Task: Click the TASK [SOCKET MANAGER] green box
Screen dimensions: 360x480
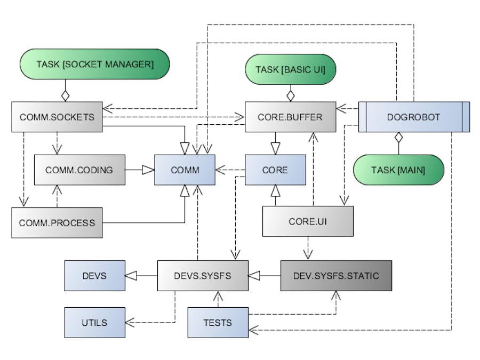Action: coord(95,65)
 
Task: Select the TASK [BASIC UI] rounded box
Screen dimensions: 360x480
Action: coord(290,69)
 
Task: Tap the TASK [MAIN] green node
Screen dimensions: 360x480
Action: coord(398,170)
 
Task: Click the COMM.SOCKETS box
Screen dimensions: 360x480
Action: coord(57,117)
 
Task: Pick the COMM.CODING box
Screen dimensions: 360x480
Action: coord(79,170)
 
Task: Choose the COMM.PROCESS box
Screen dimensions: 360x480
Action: coord(57,222)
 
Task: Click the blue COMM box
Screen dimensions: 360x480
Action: coord(185,170)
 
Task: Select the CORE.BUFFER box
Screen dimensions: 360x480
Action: coord(291,117)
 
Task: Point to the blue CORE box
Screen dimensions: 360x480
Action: coord(275,170)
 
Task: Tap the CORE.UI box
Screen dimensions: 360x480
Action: coord(308,221)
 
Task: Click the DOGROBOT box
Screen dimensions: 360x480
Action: coord(414,117)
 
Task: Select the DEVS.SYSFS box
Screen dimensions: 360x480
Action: coord(203,276)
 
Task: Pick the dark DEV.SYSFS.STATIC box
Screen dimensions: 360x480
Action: coord(336,276)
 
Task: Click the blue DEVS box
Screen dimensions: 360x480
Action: coord(94,276)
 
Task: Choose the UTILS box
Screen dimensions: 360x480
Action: coord(94,322)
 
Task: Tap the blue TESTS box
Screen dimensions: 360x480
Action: coord(218,322)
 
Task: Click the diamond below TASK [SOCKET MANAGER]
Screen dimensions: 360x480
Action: coord(65,96)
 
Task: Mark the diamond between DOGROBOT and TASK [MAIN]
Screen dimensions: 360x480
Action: coord(397,138)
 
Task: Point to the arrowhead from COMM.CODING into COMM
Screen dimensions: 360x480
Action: coord(148,170)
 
